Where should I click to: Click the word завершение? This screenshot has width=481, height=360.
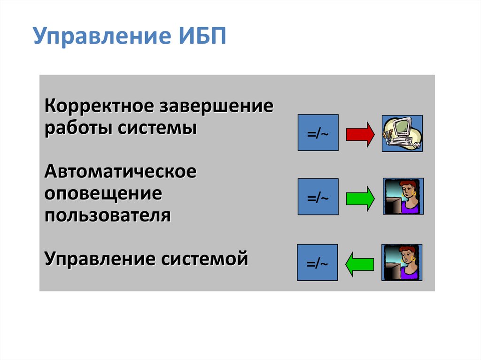[x=217, y=106]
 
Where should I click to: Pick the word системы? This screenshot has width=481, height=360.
[x=157, y=128]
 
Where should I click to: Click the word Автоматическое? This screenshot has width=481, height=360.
[x=121, y=171]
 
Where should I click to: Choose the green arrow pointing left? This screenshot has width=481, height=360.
[x=360, y=264]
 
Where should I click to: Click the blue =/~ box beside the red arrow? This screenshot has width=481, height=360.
[x=318, y=133]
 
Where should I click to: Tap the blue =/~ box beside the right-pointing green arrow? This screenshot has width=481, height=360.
[x=318, y=197]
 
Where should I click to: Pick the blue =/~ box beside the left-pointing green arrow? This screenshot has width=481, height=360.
[x=317, y=262]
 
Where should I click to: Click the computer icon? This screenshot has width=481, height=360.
[x=402, y=133]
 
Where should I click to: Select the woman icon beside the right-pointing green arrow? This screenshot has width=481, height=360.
[x=403, y=196]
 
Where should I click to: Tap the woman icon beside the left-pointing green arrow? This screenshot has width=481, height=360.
[x=402, y=262]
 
